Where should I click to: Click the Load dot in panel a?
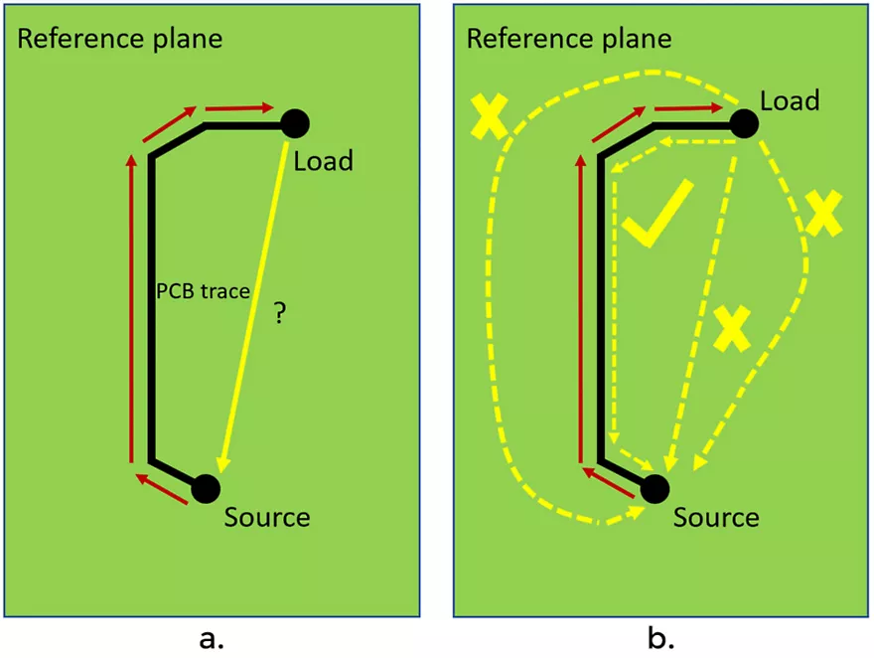pos(295,123)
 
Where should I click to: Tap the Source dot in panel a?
pos(205,487)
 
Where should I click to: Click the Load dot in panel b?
pos(744,123)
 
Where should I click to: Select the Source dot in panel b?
pos(654,487)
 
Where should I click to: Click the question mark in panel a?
pos(281,315)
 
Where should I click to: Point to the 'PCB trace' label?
pos(202,292)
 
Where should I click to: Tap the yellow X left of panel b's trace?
pos(490,116)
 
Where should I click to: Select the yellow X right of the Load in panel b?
pos(823,213)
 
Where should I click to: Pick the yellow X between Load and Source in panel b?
pos(732,328)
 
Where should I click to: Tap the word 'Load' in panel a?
pos(324,159)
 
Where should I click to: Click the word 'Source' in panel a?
pos(267,517)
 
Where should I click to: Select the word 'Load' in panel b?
pos(790,100)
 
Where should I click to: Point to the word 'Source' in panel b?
pos(716,517)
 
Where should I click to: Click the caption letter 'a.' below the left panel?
pos(212,636)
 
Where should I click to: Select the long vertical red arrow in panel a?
pos(131,308)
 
